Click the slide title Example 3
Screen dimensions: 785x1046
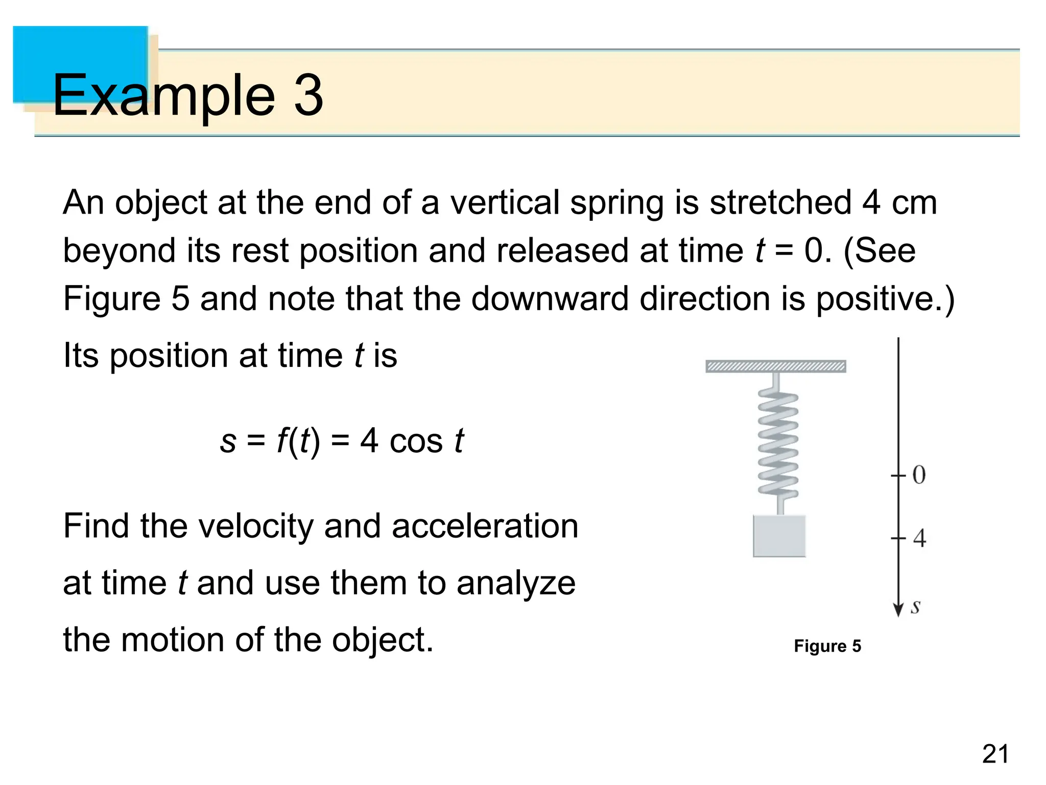(x=188, y=95)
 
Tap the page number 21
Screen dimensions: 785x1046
(x=995, y=754)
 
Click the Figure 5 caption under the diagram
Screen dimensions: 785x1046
(x=827, y=646)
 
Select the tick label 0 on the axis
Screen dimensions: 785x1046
(x=919, y=475)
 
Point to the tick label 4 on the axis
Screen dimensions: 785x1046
(x=919, y=538)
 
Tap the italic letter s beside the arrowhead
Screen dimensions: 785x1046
(x=916, y=607)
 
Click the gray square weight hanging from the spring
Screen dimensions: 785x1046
(x=779, y=536)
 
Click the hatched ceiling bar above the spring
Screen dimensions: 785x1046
(x=775, y=366)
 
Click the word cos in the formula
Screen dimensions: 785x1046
(x=416, y=441)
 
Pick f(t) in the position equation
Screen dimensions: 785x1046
(x=298, y=441)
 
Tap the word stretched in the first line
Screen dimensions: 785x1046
(x=780, y=202)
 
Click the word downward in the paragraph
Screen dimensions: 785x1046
(x=550, y=298)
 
